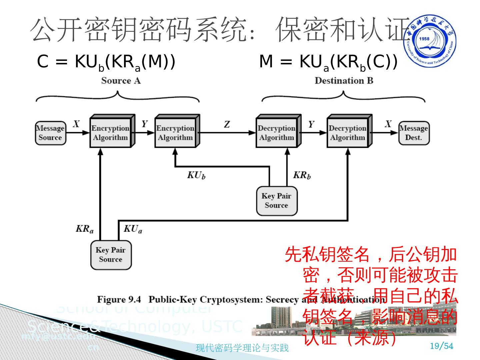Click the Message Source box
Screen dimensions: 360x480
(50, 133)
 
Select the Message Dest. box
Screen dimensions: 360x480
(414, 133)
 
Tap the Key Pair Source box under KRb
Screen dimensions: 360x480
(276, 201)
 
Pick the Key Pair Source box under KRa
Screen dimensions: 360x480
(111, 255)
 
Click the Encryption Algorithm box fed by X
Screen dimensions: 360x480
(111, 133)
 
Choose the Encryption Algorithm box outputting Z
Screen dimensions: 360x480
(175, 133)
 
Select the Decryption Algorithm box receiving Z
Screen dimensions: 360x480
(276, 133)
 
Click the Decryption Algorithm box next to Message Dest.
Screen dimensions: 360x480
(347, 133)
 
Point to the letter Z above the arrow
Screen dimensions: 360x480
(227, 125)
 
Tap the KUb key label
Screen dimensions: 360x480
(196, 175)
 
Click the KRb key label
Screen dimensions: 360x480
(302, 175)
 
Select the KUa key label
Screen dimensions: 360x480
(133, 229)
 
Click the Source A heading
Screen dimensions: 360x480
(121, 81)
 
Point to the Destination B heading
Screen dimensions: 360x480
(344, 81)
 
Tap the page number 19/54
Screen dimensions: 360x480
(442, 346)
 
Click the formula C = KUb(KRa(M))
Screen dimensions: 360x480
(106, 62)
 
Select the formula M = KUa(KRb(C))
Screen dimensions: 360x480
(328, 62)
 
